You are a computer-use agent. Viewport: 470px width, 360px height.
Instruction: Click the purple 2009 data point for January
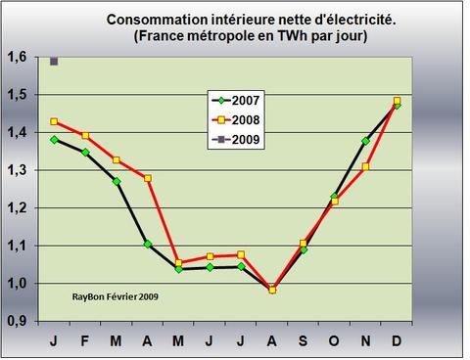click(x=54, y=61)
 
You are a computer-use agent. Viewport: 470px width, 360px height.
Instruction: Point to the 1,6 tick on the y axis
click(x=17, y=58)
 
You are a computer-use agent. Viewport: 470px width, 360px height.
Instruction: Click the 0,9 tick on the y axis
click(x=17, y=321)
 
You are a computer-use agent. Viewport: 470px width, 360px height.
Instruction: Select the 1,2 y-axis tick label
click(x=17, y=208)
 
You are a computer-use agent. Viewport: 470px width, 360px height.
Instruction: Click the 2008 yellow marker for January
click(x=54, y=121)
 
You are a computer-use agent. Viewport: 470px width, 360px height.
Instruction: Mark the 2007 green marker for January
click(x=54, y=139)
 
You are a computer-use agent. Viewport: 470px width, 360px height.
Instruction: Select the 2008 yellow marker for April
click(x=148, y=178)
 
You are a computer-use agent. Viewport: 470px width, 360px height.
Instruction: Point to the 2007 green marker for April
click(x=148, y=244)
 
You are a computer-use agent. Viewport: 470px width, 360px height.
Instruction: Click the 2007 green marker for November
click(x=366, y=141)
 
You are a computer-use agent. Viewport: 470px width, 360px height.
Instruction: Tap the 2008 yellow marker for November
click(x=366, y=167)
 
